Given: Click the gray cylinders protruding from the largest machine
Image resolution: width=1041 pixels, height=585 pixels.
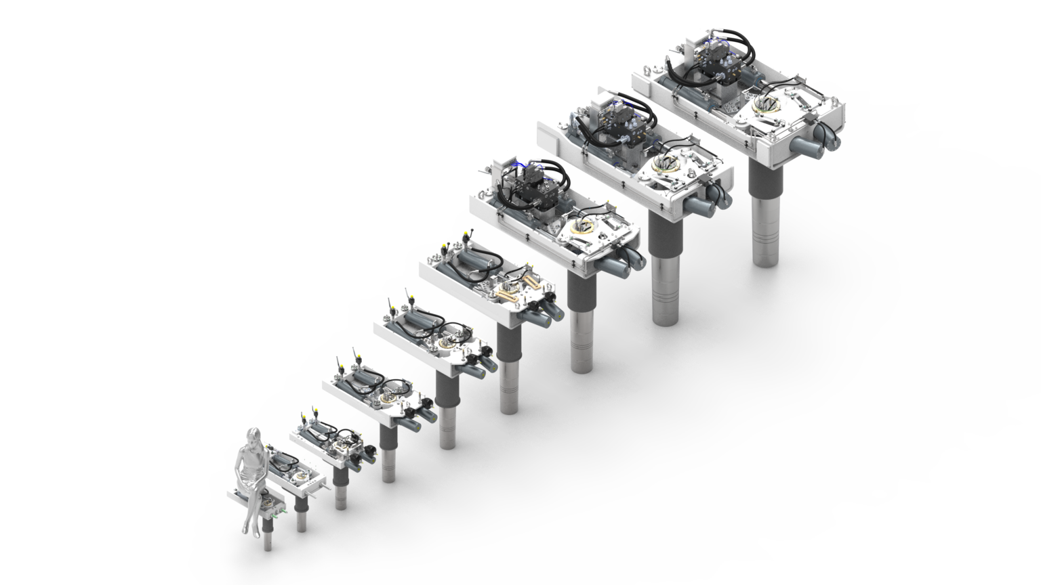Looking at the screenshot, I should coord(816,142).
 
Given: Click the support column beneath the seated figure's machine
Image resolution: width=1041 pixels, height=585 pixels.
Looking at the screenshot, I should coord(268,535).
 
